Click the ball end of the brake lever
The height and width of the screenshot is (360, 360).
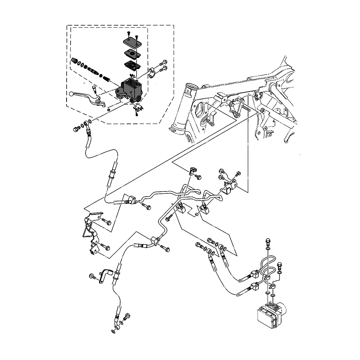click(72, 94)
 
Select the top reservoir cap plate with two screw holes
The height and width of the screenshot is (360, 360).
click(132, 42)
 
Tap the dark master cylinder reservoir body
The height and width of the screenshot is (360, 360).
click(131, 88)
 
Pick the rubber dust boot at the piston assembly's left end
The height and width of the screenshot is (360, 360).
click(75, 60)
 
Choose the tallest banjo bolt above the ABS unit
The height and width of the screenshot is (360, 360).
click(267, 242)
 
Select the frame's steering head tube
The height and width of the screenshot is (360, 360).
click(183, 108)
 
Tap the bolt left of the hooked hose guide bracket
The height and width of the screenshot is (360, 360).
click(92, 276)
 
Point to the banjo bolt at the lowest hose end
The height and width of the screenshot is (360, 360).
click(126, 317)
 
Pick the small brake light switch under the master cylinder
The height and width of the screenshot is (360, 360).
click(137, 108)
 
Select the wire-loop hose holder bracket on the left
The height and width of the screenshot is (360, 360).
click(89, 228)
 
